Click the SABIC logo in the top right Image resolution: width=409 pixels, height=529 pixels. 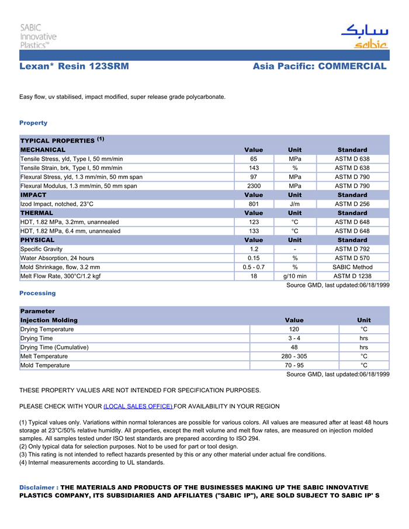tap(365, 36)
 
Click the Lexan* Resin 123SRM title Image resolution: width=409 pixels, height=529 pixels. tap(74, 67)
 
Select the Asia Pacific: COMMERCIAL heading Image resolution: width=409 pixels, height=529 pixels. tap(320, 67)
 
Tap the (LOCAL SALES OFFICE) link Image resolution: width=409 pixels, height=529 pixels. tap(138, 406)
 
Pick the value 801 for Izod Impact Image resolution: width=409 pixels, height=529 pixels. tap(254, 204)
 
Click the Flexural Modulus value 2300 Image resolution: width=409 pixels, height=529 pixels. tap(254, 186)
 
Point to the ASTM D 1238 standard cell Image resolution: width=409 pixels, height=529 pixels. tap(352, 276)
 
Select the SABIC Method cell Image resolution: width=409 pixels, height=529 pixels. tap(352, 267)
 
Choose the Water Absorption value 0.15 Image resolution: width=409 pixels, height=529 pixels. tap(254, 258)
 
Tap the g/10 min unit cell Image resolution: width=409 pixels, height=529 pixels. tap(295, 276)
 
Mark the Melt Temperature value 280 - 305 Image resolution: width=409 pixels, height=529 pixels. tap(294, 356)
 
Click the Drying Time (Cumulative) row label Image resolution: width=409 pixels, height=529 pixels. tap(54, 347)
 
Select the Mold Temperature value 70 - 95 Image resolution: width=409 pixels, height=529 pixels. tap(294, 365)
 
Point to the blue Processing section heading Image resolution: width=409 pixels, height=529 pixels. tap(37, 293)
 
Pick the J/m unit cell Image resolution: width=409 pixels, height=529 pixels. tap(295, 204)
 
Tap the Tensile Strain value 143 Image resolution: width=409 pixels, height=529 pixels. tap(254, 168)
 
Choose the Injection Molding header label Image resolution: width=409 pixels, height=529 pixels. tap(48, 320)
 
